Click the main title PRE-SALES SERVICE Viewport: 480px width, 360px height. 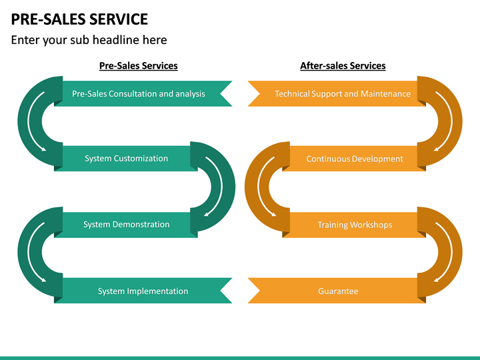79,19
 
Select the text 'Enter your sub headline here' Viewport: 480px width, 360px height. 89,40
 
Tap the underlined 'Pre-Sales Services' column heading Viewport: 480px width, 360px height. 138,66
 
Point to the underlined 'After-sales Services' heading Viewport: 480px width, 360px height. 343,66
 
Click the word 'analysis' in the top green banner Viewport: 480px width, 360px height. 190,94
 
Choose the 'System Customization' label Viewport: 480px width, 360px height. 126,159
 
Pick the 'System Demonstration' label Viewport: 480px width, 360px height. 126,225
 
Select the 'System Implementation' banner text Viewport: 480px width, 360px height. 143,291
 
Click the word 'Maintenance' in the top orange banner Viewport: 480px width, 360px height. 385,94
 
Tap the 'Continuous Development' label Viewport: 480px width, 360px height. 355,159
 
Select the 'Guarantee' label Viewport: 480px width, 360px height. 338,291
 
